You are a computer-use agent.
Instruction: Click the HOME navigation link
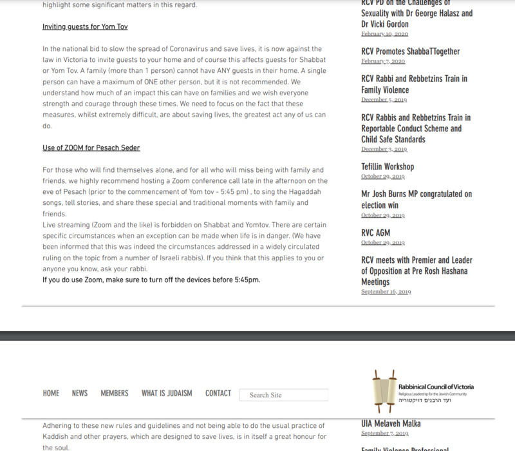coord(51,393)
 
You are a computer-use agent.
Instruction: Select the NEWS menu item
coord(80,393)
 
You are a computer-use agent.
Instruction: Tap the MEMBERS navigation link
coord(115,393)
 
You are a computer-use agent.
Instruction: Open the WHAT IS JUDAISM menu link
coord(167,393)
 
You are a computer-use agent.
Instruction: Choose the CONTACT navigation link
coord(218,393)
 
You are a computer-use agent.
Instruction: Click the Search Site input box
coord(284,395)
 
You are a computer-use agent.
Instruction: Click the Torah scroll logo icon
coord(384,391)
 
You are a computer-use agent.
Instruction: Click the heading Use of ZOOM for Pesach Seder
coord(91,148)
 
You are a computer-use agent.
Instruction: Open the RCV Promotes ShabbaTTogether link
coord(410,52)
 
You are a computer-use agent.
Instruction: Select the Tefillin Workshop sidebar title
coord(388,167)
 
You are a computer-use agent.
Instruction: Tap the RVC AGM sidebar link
coord(375,233)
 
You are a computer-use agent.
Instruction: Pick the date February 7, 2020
coord(383,61)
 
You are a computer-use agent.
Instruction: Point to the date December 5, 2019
coord(384,100)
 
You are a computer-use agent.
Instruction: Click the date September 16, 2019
coord(386,292)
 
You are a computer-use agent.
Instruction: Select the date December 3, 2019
coord(384,149)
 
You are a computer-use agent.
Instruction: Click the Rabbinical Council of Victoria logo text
coord(436,387)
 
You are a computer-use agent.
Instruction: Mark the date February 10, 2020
coord(384,34)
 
